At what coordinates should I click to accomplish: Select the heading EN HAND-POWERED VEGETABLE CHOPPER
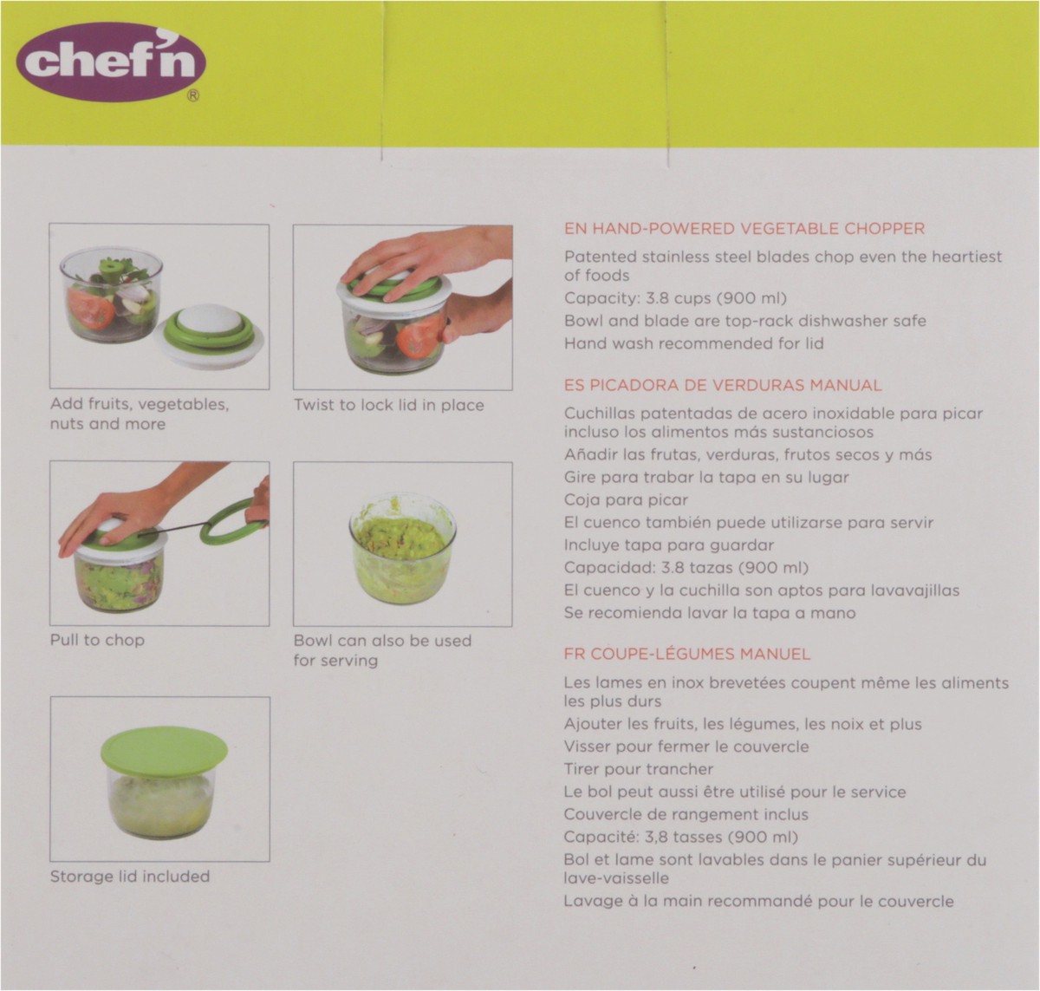point(744,229)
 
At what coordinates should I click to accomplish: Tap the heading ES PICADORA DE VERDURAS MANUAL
point(722,386)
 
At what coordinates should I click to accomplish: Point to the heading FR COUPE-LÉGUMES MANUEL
point(686,655)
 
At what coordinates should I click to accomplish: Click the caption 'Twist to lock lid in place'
point(388,405)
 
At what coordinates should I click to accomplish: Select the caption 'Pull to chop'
point(97,640)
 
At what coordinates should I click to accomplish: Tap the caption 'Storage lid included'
point(129,877)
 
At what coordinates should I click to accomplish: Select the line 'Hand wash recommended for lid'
point(693,343)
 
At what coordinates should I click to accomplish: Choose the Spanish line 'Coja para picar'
point(625,499)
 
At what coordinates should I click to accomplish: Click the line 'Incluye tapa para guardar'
point(668,545)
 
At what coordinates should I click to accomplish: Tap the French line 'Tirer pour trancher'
point(638,769)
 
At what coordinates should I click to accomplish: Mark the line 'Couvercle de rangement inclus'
point(686,814)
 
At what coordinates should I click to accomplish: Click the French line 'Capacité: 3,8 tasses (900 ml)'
point(680,838)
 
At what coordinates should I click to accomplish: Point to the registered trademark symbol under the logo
point(193,98)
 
